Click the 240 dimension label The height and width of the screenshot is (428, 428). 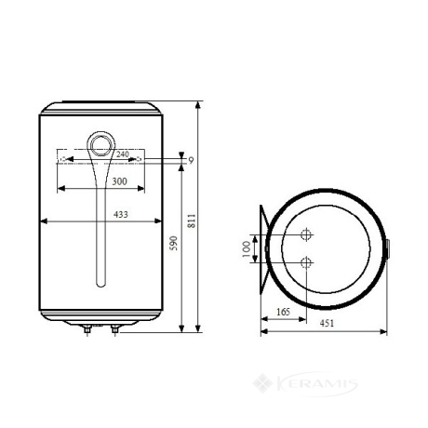coord(123,154)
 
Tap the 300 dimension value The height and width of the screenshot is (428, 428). coord(119,181)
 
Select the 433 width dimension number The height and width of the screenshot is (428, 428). coord(121,214)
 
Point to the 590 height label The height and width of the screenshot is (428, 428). coord(174,243)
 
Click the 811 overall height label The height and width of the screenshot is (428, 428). coord(192,221)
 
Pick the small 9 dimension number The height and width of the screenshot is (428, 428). coord(191,160)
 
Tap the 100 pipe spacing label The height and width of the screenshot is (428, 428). coord(246,249)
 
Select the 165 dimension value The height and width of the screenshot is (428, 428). coord(283,312)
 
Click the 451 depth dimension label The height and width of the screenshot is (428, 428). coord(327,323)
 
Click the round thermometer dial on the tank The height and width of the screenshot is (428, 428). coord(101,145)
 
